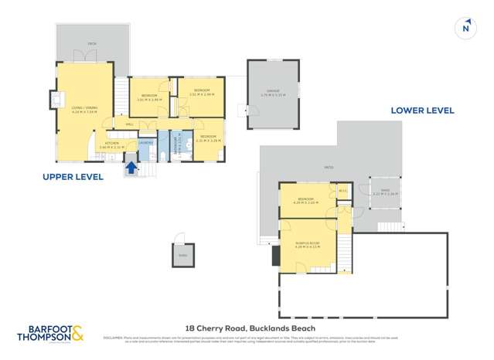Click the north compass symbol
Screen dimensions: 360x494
coord(465,27)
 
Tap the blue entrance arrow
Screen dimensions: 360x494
coord(131,166)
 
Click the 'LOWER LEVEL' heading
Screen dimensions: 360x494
coord(422,110)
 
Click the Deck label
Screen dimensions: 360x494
coord(91,44)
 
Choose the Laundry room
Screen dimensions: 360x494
coord(146,142)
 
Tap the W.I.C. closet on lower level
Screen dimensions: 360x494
coord(342,191)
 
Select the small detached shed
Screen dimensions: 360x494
coord(182,256)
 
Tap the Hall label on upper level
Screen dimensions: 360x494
coord(128,123)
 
